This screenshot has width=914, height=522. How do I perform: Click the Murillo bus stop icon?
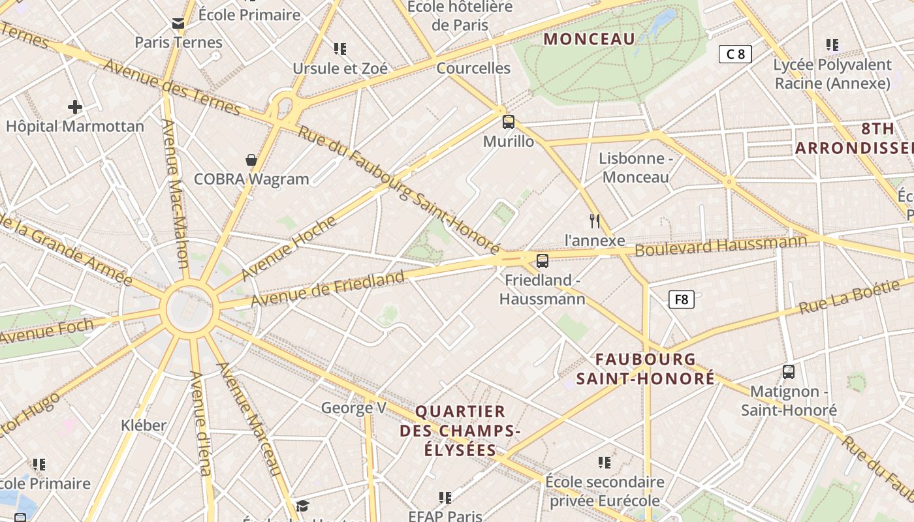(x=509, y=121)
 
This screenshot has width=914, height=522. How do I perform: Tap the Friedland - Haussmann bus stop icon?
(x=542, y=261)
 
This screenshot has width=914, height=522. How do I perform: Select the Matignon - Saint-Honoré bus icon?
(x=789, y=372)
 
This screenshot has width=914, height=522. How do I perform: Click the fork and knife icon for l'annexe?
(x=595, y=221)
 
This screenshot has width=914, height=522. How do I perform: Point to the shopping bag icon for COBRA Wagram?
(x=251, y=160)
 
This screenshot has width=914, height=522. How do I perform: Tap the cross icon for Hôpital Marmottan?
(x=75, y=107)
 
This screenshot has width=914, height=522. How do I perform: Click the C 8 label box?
(x=735, y=54)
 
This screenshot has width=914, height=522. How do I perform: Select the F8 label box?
(x=681, y=299)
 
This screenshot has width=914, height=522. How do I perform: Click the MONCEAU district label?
(x=590, y=39)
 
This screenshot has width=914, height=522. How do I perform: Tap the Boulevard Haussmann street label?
(x=721, y=246)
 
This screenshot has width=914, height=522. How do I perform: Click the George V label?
(x=354, y=408)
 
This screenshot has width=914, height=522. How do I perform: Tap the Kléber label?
(x=144, y=425)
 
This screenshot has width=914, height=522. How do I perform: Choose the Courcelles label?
(x=473, y=68)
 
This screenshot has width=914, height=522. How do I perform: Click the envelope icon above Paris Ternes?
(x=178, y=24)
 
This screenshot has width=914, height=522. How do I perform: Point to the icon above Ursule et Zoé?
(x=339, y=48)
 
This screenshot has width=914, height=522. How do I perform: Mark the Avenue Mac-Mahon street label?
(x=174, y=194)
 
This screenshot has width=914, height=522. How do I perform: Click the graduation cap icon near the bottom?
(x=302, y=506)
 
